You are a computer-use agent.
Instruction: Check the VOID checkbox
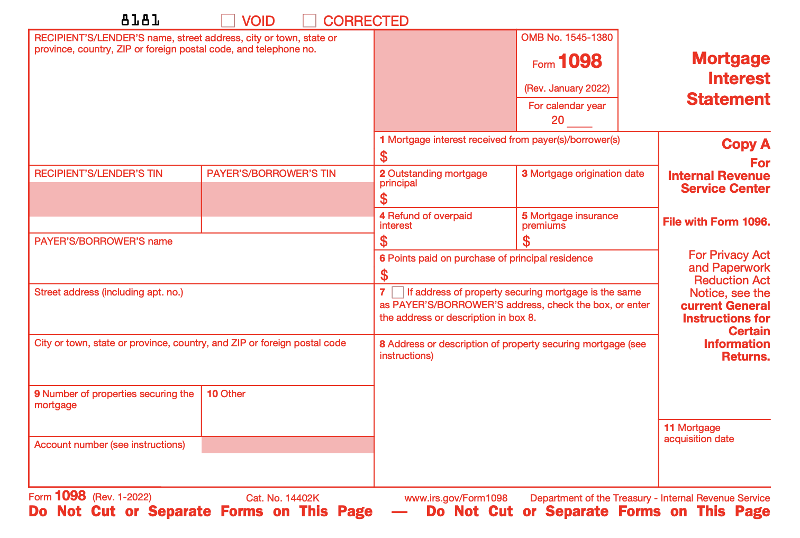tap(228, 21)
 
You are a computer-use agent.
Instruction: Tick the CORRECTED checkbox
tap(310, 21)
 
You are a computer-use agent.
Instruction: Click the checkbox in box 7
tap(398, 292)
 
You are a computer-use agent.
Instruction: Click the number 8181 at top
tap(140, 21)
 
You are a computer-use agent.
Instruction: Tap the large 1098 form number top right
tap(580, 61)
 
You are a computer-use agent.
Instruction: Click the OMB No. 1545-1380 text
tap(567, 38)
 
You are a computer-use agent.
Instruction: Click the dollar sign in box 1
tap(384, 157)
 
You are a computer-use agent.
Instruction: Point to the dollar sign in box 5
tap(526, 241)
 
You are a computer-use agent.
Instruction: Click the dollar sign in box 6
tap(384, 275)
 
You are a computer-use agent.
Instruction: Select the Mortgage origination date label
tap(587, 174)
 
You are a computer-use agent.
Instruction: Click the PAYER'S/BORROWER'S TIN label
tap(271, 174)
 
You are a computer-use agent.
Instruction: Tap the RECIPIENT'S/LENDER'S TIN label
tap(98, 174)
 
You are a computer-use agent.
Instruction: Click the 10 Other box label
tap(226, 394)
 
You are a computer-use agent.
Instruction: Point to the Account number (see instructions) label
tap(110, 445)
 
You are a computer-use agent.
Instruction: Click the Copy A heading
tap(746, 145)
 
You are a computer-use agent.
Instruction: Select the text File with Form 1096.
tap(716, 222)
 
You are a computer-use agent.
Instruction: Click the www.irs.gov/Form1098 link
tap(456, 498)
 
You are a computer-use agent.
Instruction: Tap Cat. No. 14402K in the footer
tap(283, 498)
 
